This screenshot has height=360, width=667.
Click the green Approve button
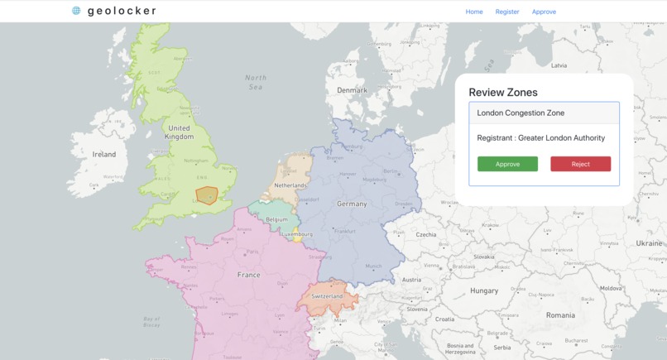click(507, 164)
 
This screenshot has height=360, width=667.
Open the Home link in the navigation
click(474, 12)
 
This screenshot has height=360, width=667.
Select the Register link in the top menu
click(507, 12)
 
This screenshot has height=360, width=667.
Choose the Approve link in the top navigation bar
click(544, 12)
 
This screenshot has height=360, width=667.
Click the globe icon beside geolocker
click(77, 11)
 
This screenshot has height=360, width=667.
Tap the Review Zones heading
click(503, 93)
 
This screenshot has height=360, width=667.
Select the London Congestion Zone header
click(544, 113)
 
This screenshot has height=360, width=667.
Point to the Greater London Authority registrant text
click(541, 138)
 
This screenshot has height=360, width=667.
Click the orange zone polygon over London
click(206, 196)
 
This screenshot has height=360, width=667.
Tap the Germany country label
click(352, 204)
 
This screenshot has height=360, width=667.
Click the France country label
click(248, 275)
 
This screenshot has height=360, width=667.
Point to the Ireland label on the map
click(104, 154)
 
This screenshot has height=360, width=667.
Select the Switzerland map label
click(327, 296)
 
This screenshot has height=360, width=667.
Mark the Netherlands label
click(290, 185)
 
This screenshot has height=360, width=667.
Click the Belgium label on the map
click(277, 219)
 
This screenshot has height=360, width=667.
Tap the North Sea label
click(256, 82)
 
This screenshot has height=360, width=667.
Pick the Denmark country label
click(352, 90)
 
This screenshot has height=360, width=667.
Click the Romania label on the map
click(560, 315)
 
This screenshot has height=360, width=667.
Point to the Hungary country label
click(484, 290)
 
